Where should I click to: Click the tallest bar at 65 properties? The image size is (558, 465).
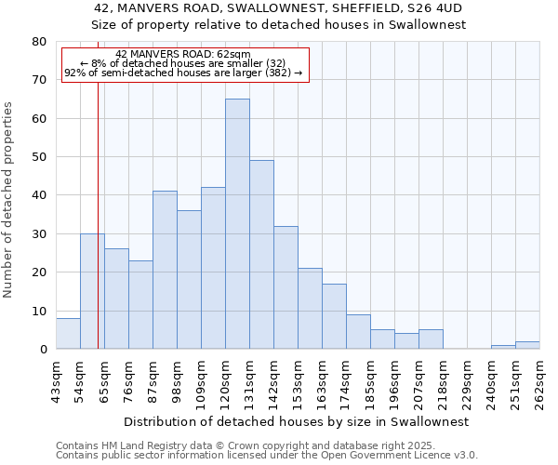237,223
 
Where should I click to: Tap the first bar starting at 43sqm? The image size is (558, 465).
68,333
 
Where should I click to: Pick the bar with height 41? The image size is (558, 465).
165,270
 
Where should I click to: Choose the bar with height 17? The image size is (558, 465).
334,316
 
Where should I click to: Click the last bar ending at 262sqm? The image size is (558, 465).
527,345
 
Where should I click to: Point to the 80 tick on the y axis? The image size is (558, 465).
39,42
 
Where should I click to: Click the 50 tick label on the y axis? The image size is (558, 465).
39,157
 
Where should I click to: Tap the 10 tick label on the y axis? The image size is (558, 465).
39,312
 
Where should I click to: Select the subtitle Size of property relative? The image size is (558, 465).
279,25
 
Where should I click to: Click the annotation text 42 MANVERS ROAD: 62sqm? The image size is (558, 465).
183,55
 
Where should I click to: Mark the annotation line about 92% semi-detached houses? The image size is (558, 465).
183,73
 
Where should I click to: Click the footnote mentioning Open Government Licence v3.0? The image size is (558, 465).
267,456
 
